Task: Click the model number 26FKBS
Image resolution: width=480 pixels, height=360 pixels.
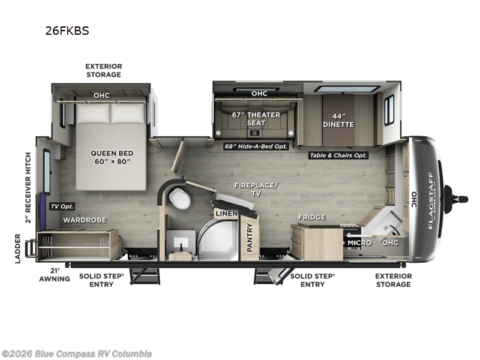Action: click(67, 31)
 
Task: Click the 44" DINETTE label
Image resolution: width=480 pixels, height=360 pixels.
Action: click(339, 120)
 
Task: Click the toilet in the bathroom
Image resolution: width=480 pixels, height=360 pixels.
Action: click(178, 199)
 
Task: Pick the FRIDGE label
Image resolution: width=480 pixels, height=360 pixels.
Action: click(311, 217)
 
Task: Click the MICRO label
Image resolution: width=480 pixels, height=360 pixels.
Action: click(360, 242)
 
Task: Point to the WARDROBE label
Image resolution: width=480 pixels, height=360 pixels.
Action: click(85, 220)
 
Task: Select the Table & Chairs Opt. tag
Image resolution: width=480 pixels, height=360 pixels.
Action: click(338, 155)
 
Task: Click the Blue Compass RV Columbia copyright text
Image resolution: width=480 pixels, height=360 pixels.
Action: click(77, 353)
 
